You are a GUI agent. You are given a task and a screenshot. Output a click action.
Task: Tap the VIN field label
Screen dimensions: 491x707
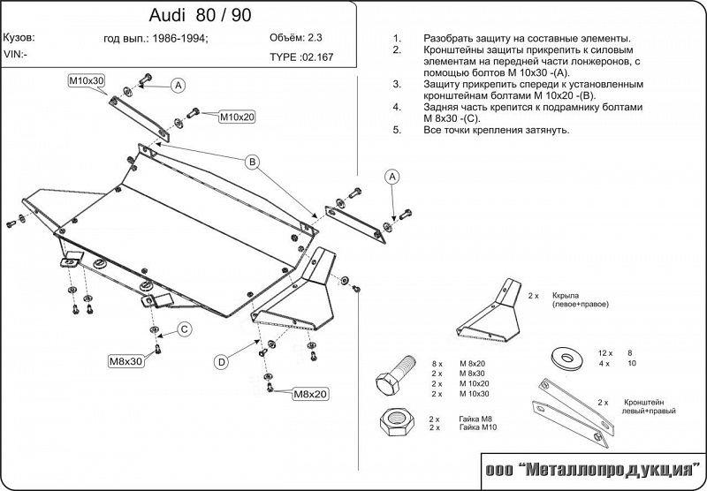[15, 55]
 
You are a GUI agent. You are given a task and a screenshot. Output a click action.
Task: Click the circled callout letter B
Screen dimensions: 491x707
[251, 162]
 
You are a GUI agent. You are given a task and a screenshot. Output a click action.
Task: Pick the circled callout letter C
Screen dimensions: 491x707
[185, 329]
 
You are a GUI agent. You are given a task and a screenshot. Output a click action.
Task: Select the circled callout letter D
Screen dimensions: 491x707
[222, 360]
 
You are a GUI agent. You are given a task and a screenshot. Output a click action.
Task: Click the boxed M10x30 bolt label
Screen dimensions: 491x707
[87, 81]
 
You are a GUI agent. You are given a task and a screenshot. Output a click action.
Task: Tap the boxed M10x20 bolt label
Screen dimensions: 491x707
[237, 116]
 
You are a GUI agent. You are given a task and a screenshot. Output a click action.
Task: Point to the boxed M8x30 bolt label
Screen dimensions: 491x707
[125, 361]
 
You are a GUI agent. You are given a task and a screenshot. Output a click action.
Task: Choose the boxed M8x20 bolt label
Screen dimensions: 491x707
[310, 394]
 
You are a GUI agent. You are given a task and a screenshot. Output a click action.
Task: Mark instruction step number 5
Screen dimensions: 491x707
[397, 130]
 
